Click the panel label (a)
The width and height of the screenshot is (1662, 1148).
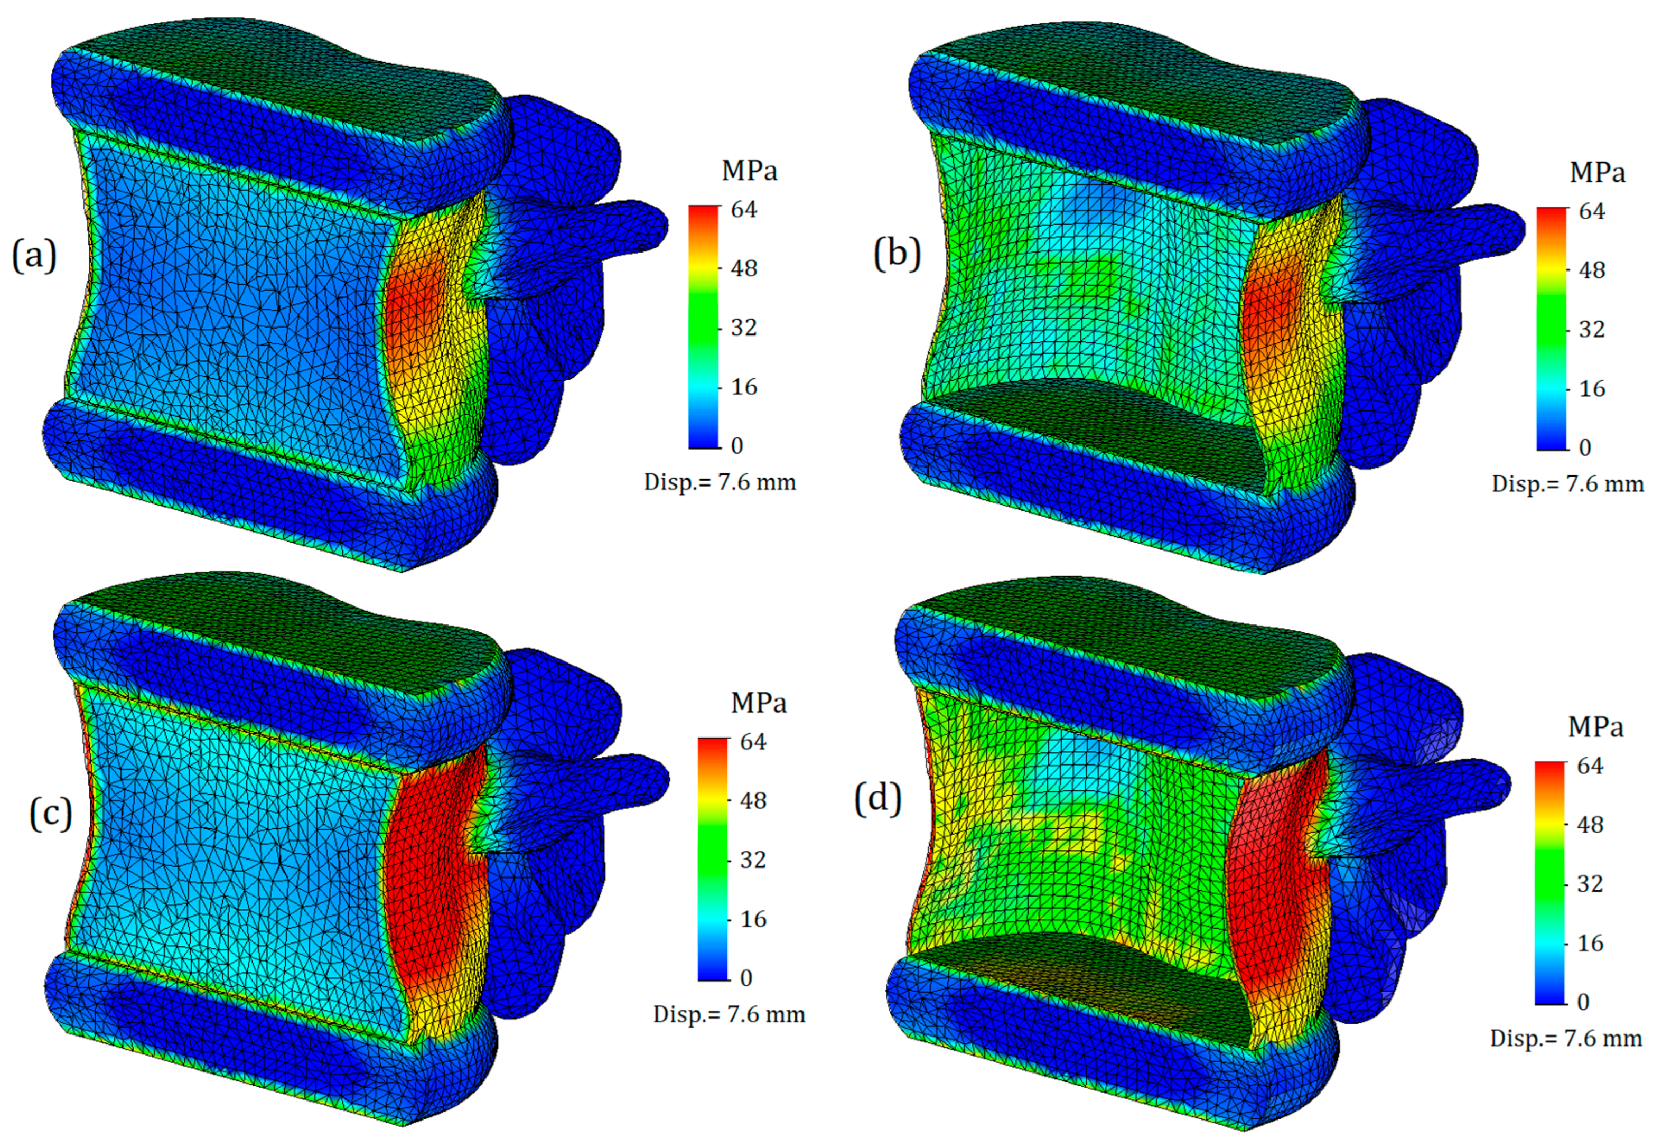(34, 255)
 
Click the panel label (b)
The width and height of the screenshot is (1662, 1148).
(897, 253)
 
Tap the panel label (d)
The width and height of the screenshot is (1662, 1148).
(877, 798)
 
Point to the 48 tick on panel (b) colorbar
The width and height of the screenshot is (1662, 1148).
(1592, 270)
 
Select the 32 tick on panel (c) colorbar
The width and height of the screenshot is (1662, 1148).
(752, 860)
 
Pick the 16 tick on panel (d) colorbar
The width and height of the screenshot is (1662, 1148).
(1590, 943)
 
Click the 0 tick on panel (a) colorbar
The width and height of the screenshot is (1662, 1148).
(736, 446)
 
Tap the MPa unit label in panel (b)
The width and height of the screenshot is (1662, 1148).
(1597, 173)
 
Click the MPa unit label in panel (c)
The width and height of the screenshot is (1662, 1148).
(758, 703)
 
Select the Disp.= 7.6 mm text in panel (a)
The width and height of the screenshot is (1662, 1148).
(719, 482)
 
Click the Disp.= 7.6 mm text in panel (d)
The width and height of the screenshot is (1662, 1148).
(1566, 1038)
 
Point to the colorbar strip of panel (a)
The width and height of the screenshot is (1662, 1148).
(703, 327)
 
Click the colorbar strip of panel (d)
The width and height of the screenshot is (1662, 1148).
(1550, 883)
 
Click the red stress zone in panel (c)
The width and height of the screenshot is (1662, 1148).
(424, 863)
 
